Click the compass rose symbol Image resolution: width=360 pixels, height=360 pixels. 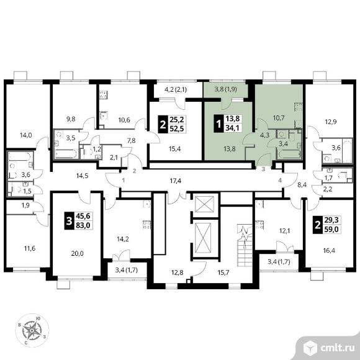(x=32, y=330)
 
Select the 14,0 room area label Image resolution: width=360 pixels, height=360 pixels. (x=25, y=135)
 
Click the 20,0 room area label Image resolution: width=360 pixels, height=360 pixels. (x=78, y=253)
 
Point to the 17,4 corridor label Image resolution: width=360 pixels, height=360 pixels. (x=176, y=181)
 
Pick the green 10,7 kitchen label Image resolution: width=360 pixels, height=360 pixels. (x=279, y=118)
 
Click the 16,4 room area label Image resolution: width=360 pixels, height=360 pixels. (x=329, y=250)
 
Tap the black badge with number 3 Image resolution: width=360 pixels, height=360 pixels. (x=69, y=220)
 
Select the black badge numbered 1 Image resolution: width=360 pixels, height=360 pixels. (x=218, y=124)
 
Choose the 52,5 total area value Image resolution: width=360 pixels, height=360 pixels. (x=176, y=128)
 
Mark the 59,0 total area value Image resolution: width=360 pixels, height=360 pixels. (x=332, y=229)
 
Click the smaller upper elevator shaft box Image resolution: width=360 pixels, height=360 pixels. (x=204, y=204)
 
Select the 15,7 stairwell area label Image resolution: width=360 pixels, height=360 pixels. (x=223, y=272)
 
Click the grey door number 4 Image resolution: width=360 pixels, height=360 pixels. (x=280, y=181)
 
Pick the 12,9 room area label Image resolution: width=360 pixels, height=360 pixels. (x=331, y=122)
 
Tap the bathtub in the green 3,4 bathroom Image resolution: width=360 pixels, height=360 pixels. (x=289, y=155)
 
